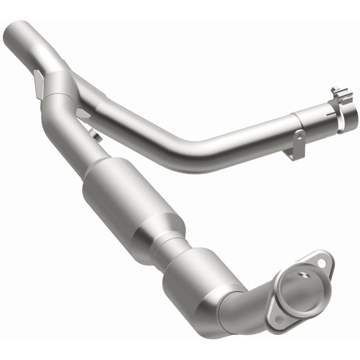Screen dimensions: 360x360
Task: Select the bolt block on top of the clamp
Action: (338, 93)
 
